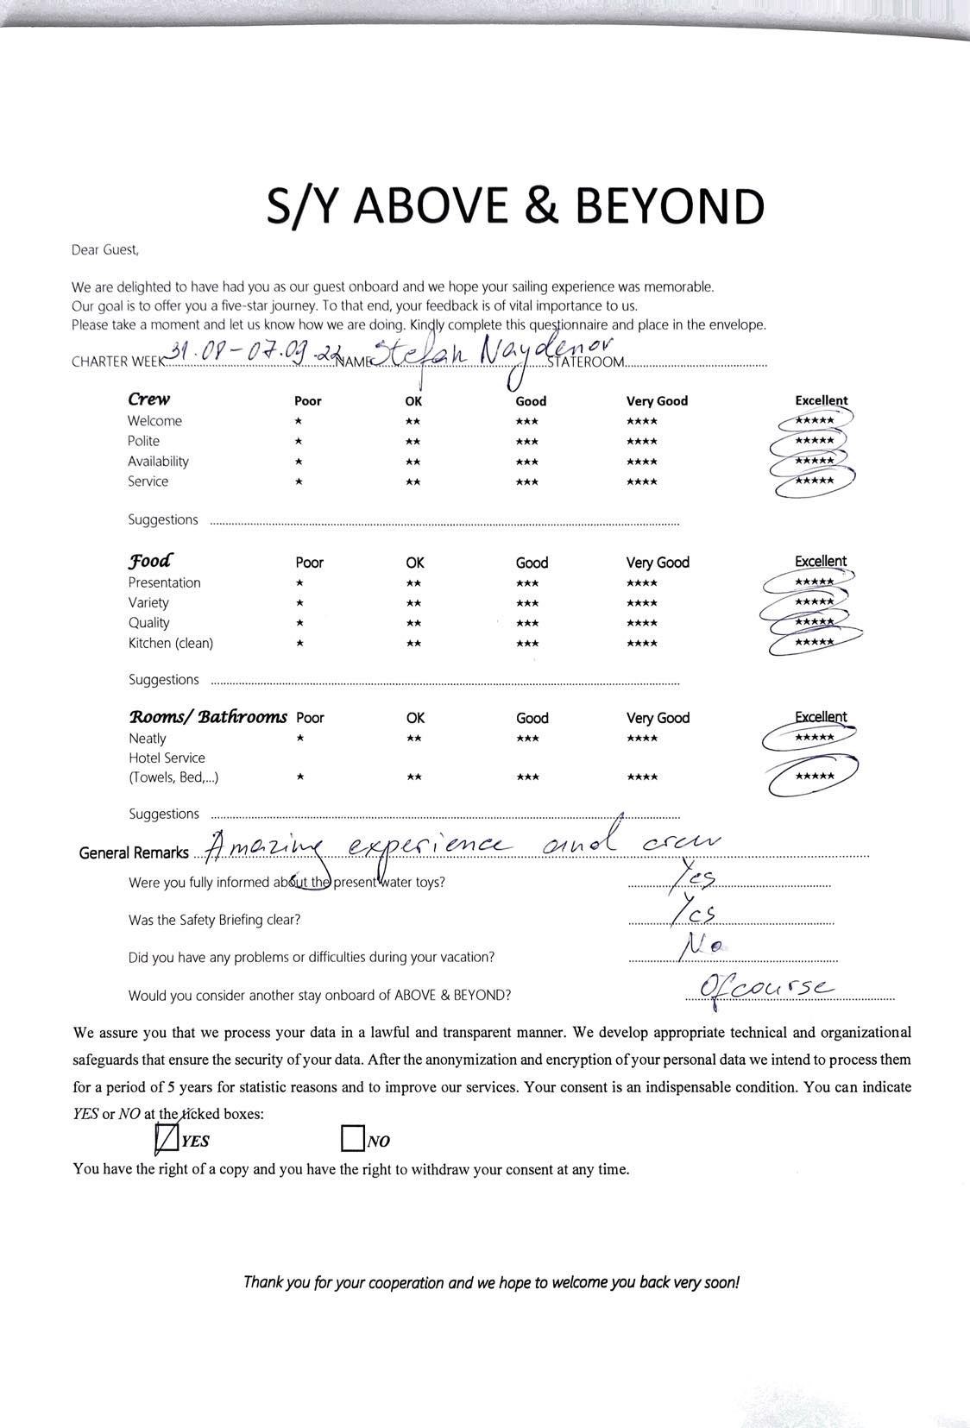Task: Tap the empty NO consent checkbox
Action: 352,1139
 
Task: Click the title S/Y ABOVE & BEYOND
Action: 515,207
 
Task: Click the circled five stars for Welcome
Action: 814,420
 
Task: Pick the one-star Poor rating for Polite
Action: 298,441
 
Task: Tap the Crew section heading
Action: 148,399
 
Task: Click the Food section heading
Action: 150,561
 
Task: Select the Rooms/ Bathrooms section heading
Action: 207,717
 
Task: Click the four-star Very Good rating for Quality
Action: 641,623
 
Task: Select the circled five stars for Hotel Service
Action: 814,777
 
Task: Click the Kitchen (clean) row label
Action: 171,643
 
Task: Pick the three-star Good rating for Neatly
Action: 527,739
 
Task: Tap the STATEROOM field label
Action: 585,362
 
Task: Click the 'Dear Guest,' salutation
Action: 104,250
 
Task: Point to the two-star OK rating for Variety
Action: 413,603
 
